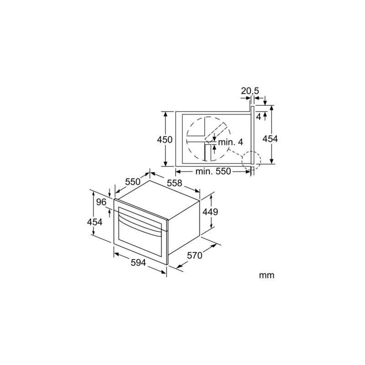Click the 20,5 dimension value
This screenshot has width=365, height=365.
tap(250, 91)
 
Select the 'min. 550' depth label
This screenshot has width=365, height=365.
tap(213, 172)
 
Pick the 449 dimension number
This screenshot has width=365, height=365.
tap(221, 212)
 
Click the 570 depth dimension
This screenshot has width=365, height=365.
tap(194, 256)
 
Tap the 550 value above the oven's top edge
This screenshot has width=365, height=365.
tap(132, 182)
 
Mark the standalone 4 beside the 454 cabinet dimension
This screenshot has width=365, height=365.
tap(259, 117)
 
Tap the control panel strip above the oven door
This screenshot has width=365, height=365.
tap(139, 209)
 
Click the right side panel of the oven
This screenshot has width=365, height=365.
tap(185, 228)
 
